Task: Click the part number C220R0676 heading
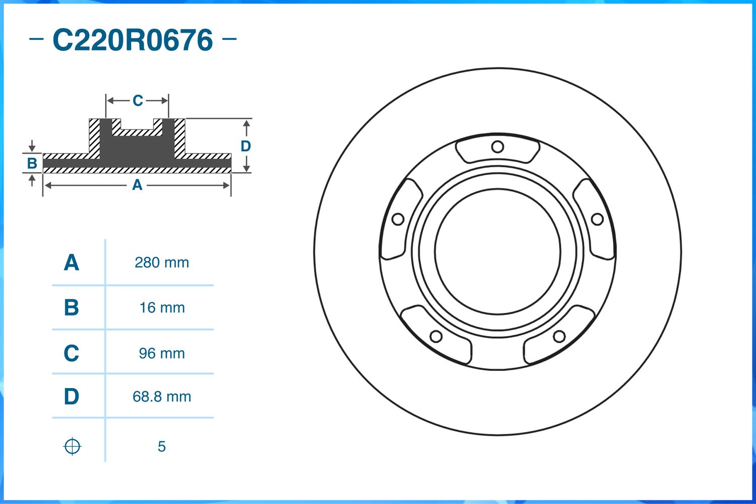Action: [x=133, y=40]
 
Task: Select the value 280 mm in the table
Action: [x=162, y=263]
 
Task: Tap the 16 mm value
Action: [x=162, y=307]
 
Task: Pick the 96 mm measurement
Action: [x=162, y=353]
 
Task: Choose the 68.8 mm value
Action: [x=162, y=397]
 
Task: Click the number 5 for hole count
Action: [x=161, y=447]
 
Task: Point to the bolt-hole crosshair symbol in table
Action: [x=72, y=447]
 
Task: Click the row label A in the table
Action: [x=72, y=263]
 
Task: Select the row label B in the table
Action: [x=72, y=307]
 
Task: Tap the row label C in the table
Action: [x=72, y=353]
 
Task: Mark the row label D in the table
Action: [x=72, y=397]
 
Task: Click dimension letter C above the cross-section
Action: [x=138, y=101]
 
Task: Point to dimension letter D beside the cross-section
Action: [x=245, y=146]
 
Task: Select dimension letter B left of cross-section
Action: [x=32, y=163]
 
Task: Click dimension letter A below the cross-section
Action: [x=137, y=185]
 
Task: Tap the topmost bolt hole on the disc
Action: [x=497, y=147]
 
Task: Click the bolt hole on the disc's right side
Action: [x=597, y=219]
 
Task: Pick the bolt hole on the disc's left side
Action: [x=398, y=219]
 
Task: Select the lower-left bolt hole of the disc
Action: [x=436, y=336]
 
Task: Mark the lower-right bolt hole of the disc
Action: [x=559, y=336]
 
